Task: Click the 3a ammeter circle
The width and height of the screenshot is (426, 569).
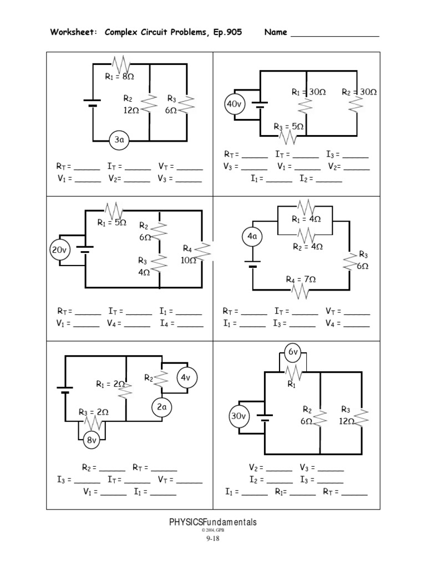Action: (119, 141)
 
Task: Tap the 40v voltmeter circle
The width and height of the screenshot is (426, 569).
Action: (233, 104)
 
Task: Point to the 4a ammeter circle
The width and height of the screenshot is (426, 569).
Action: (252, 237)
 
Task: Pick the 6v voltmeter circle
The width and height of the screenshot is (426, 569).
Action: (293, 352)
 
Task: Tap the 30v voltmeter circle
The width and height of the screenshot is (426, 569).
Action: (239, 416)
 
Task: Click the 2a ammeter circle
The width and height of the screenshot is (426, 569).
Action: (161, 407)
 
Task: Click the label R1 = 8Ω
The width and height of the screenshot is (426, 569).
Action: (120, 77)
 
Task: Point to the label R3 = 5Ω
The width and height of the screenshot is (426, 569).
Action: (288, 127)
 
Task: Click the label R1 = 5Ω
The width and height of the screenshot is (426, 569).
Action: (112, 223)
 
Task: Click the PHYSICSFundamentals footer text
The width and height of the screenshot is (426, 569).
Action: (213, 522)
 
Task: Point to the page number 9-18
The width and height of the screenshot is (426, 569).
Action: (213, 538)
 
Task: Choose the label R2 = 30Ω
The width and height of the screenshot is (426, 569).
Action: (359, 92)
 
